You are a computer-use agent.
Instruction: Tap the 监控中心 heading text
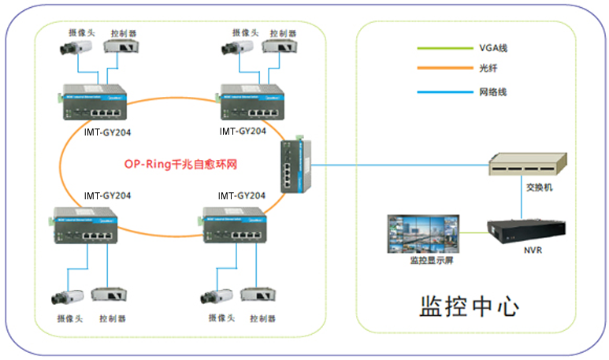[x=469, y=306]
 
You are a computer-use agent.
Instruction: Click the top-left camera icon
[x=75, y=48]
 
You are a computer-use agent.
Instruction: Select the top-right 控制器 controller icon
[x=280, y=48]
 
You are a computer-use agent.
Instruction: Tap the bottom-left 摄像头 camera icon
[x=68, y=297]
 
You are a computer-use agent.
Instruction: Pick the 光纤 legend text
[x=488, y=70]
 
